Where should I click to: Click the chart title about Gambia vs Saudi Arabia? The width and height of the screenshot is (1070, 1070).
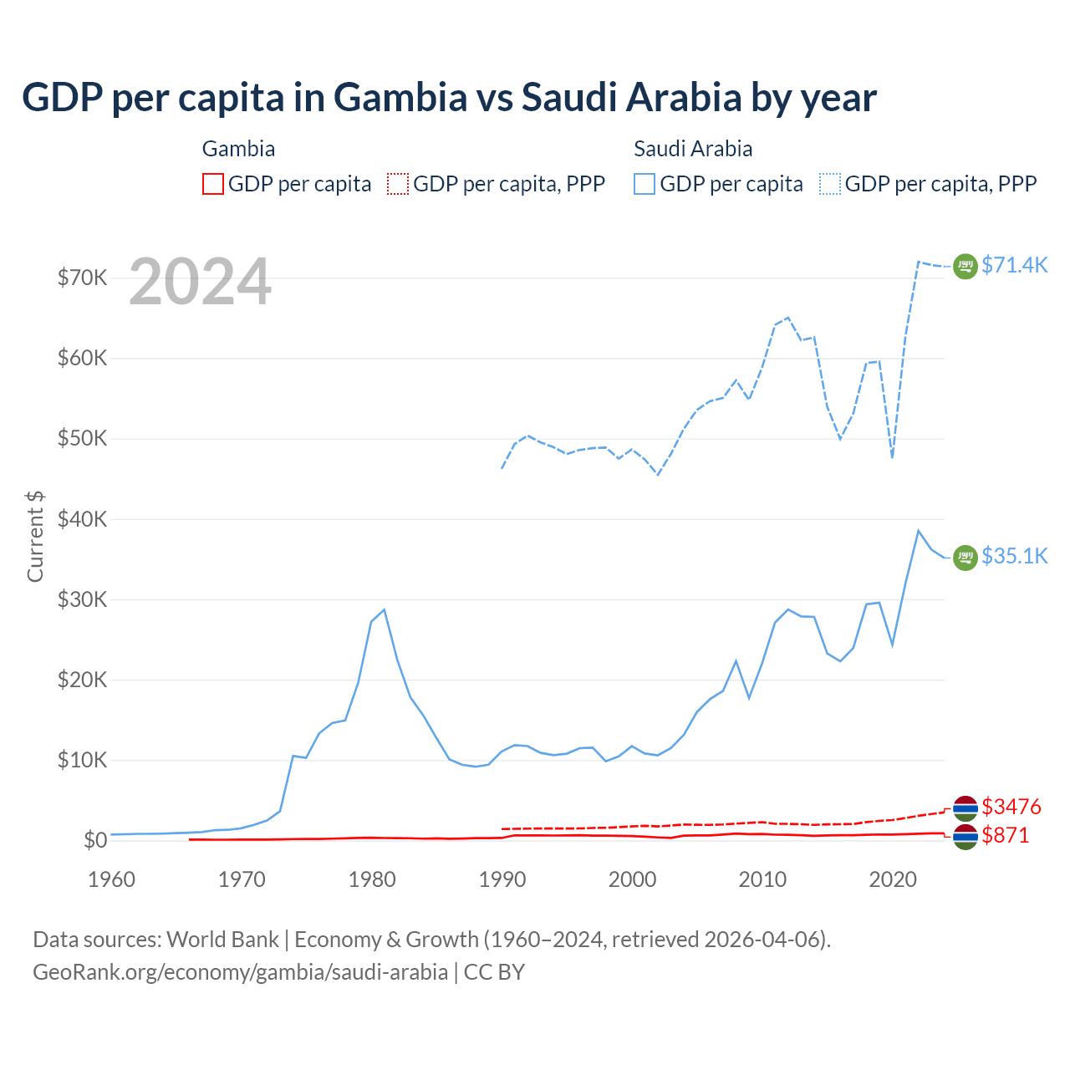[449, 98]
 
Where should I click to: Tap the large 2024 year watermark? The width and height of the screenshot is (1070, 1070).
[201, 282]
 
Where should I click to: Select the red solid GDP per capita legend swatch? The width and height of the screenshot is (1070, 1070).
[213, 184]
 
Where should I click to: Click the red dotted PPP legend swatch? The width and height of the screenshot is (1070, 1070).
[398, 184]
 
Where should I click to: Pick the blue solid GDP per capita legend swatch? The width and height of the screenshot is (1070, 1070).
[645, 184]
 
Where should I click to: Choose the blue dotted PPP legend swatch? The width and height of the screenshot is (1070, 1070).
[830, 184]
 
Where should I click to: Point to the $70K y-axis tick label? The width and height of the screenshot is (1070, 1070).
[82, 278]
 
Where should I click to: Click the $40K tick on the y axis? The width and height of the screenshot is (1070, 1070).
[82, 519]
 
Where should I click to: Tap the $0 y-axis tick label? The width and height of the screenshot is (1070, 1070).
[95, 840]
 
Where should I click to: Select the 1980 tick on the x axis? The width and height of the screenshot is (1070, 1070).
[372, 879]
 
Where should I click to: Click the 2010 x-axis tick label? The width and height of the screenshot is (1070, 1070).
[762, 879]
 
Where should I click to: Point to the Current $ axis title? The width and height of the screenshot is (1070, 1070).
[35, 536]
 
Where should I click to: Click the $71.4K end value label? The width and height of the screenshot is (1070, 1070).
[1014, 265]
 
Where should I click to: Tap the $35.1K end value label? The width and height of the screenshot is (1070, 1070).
[1014, 556]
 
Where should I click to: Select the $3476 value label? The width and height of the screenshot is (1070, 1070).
[1011, 807]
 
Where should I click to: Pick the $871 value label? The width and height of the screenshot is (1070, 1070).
[1005, 835]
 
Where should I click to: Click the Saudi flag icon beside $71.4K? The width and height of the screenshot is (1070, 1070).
[966, 266]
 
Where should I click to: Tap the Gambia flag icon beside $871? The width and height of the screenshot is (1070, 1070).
[966, 837]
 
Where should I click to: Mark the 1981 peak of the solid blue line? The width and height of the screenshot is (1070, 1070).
[384, 609]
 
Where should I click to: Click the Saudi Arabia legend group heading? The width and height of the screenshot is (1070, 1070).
[693, 149]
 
